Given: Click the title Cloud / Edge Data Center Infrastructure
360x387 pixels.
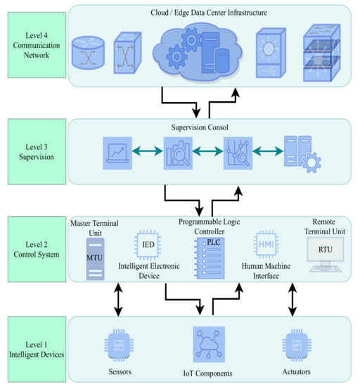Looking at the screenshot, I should pos(209,13).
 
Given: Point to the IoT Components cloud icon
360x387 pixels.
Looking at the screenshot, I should pos(209,342).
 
